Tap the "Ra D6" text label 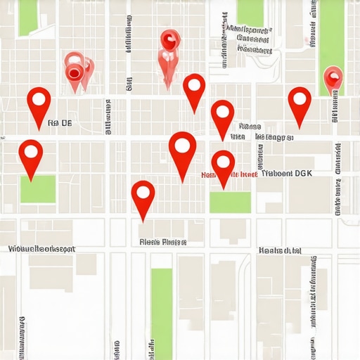pos(60,123)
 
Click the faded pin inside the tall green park pos(332,77)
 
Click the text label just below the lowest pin pos(162,242)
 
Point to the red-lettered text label pos(229,174)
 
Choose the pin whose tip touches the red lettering pos(223,165)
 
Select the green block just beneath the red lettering pos(230,202)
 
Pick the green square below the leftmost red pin pos(38,189)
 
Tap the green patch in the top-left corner pos(29,17)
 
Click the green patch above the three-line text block pos(250,12)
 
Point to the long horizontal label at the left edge pos(41,249)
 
